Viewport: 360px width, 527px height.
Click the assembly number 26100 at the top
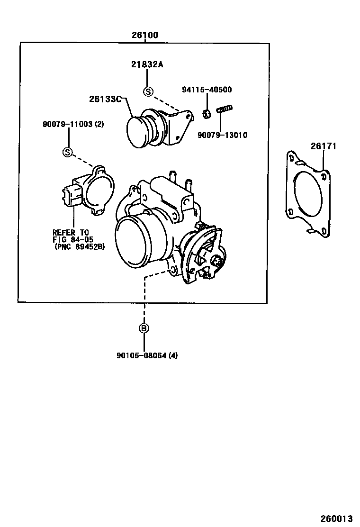pyautogui.click(x=145, y=35)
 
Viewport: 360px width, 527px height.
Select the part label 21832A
pyautogui.click(x=147, y=65)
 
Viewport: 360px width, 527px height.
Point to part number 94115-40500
pyautogui.click(x=207, y=90)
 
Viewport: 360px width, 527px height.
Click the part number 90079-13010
pyautogui.click(x=224, y=135)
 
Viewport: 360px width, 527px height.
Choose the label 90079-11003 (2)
pyautogui.click(x=73, y=124)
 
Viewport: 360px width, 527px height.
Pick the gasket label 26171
pyautogui.click(x=323, y=146)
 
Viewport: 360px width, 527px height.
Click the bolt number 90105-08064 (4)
pyautogui.click(x=147, y=355)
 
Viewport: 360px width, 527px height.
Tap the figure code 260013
pyautogui.click(x=339, y=518)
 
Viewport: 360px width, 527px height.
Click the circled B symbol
pyautogui.click(x=144, y=328)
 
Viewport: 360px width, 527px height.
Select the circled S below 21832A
pyautogui.click(x=148, y=91)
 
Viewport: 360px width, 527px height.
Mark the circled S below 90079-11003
pyautogui.click(x=68, y=152)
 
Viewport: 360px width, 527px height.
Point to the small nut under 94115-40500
pyautogui.click(x=207, y=114)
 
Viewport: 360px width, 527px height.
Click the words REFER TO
pyautogui.click(x=71, y=232)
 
